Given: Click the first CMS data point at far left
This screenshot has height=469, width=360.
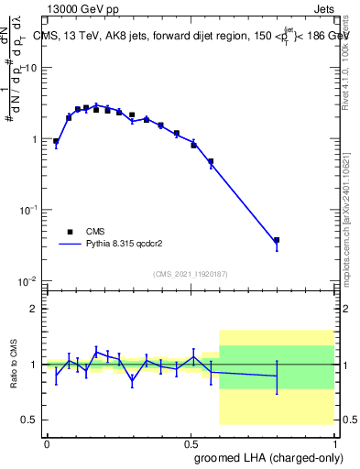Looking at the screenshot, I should click(56, 142).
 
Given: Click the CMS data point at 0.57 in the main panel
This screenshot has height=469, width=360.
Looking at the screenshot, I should click(211, 162).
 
